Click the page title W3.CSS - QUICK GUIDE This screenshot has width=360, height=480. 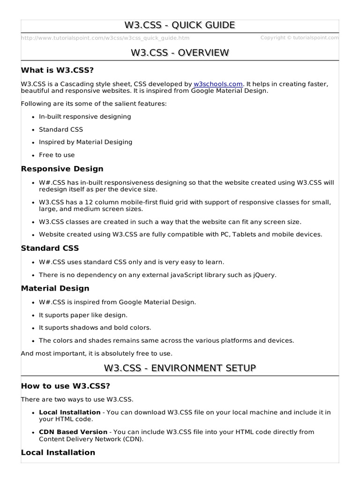(x=180, y=25)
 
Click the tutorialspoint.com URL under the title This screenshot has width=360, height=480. (x=105, y=38)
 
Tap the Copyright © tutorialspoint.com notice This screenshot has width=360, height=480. (x=299, y=38)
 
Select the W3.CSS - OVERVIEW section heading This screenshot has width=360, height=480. (x=180, y=52)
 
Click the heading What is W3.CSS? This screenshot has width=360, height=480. (x=58, y=70)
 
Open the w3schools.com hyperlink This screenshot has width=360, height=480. (x=218, y=84)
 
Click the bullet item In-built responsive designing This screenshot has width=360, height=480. (x=85, y=116)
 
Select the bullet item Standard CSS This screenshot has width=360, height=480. (x=60, y=129)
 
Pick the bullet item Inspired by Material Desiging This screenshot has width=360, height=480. (x=85, y=142)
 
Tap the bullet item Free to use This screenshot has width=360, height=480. (x=57, y=155)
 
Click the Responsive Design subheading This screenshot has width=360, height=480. (x=62, y=169)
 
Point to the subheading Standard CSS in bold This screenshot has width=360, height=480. (x=50, y=248)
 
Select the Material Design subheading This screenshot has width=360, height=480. (x=55, y=288)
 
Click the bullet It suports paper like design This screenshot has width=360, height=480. (x=83, y=315)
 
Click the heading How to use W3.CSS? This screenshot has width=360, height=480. (x=65, y=386)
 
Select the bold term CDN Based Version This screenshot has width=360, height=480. (x=73, y=432)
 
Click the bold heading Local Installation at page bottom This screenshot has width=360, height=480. (x=58, y=452)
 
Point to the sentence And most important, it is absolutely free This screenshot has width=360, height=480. (x=97, y=353)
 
